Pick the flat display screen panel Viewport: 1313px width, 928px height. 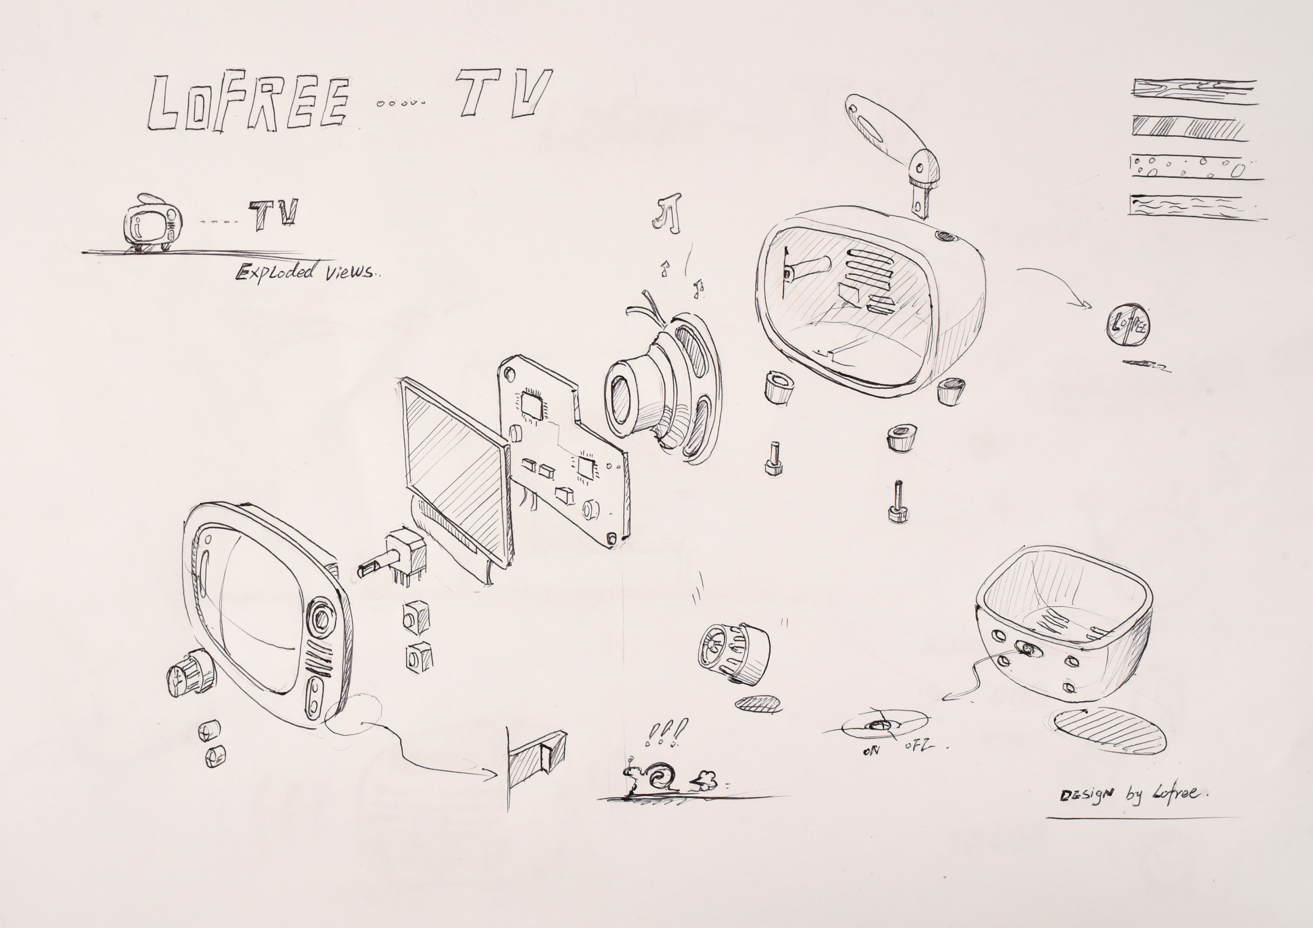[x=455, y=468]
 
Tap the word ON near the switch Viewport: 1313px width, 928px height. [x=870, y=750]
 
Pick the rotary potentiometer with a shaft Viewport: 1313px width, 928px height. [x=395, y=557]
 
